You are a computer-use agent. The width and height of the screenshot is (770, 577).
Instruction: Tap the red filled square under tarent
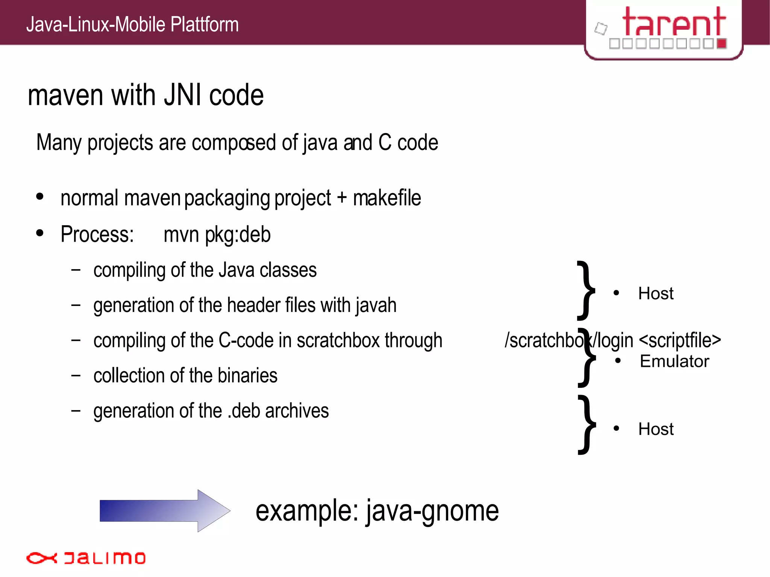pos(721,43)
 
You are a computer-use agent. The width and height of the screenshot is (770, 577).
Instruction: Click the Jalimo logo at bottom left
pos(86,558)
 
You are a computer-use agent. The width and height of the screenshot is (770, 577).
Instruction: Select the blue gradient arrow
pos(164,510)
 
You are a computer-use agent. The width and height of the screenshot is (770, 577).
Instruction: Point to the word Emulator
pos(674,361)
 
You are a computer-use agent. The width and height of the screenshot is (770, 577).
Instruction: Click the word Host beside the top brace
pos(656,294)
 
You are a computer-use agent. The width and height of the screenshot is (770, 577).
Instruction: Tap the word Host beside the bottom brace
pos(656,429)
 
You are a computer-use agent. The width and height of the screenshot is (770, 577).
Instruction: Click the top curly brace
pos(586,290)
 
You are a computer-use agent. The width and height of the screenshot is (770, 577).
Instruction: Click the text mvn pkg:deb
pos(217,235)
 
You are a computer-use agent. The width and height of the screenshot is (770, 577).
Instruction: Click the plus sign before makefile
pos(341,198)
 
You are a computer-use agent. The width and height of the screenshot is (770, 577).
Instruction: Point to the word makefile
pos(387,198)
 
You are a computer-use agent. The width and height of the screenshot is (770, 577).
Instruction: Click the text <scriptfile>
pos(680,341)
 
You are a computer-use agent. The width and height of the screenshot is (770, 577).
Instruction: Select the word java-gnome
pos(432,511)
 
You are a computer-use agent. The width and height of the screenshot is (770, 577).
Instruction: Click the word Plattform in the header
pos(204,25)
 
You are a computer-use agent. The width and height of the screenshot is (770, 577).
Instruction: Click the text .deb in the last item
pos(244,411)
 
